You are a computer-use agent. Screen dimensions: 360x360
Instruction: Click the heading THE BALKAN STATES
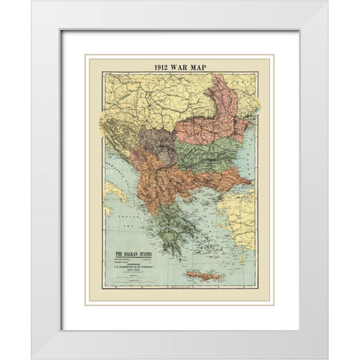coord(133,254)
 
